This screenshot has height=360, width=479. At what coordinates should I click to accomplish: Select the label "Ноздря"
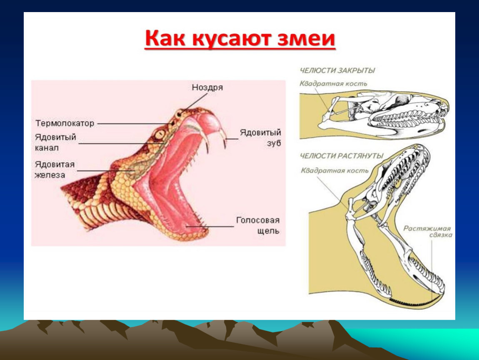pyautogui.click(x=207, y=87)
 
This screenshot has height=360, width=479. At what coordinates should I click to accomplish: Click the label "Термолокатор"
pyautogui.click(x=65, y=123)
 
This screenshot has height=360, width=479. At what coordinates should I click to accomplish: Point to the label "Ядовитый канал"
pyautogui.click(x=55, y=142)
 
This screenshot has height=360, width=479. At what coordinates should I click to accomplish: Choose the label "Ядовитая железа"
pyautogui.click(x=55, y=170)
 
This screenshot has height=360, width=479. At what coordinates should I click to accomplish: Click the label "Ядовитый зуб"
pyautogui.click(x=260, y=138)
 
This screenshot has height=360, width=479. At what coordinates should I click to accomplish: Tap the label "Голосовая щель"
pyautogui.click(x=258, y=225)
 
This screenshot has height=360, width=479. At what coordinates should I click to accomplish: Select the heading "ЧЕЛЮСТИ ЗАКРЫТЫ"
pyautogui.click(x=337, y=70)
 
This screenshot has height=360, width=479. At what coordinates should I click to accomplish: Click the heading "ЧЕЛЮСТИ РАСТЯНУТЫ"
pyautogui.click(x=341, y=156)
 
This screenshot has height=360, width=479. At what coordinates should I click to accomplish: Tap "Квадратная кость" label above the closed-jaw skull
pyautogui.click(x=333, y=84)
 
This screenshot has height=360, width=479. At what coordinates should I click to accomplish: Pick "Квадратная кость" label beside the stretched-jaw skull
pyautogui.click(x=334, y=170)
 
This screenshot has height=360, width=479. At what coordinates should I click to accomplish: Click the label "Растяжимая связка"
pyautogui.click(x=427, y=232)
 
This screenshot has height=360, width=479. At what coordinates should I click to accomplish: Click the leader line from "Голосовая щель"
pyautogui.click(x=210, y=226)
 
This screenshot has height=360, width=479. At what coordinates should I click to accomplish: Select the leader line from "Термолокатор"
pyautogui.click(x=134, y=124)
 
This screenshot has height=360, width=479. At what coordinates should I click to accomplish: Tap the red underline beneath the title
pyautogui.click(x=240, y=48)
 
